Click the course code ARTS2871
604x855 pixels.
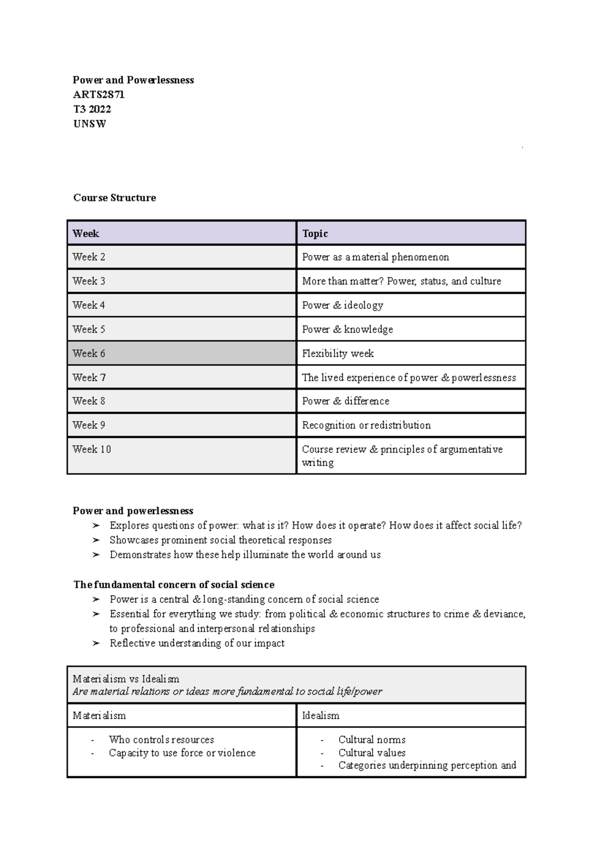click(99, 95)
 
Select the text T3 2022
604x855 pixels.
click(92, 109)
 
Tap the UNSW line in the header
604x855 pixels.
click(90, 124)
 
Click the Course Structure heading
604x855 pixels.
click(114, 198)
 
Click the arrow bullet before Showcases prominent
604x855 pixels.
click(96, 540)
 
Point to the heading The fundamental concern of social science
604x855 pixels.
click(174, 585)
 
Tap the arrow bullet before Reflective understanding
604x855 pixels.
click(96, 644)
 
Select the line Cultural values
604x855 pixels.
click(371, 753)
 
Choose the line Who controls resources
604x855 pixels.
click(161, 740)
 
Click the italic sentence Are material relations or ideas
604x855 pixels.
click(227, 691)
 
